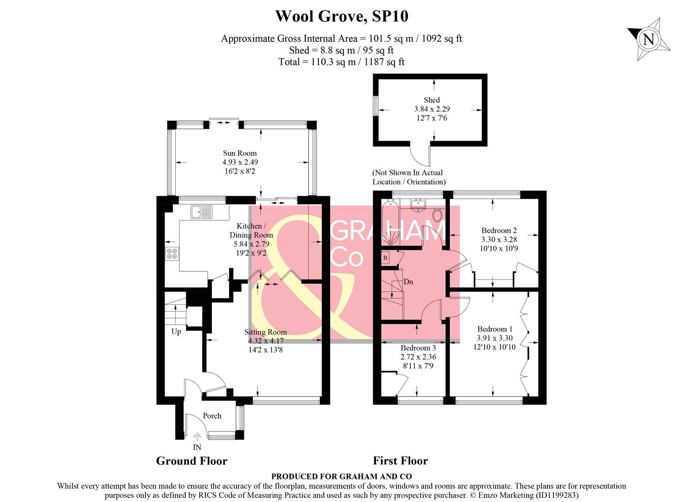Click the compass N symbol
point(649,39)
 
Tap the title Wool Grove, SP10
point(342,16)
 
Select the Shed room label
point(431,100)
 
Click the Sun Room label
point(240,153)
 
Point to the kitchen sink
point(201,212)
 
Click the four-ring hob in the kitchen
point(172,254)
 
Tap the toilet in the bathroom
point(437,214)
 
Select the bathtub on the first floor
point(389,222)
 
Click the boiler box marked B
point(385,258)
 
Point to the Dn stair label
point(408,282)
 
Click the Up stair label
point(176,331)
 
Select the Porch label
point(212,416)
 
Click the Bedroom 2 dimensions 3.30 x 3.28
point(499,239)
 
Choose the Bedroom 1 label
point(494,329)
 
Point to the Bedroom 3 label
point(418,348)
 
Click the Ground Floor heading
point(191,461)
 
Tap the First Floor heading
point(400,461)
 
